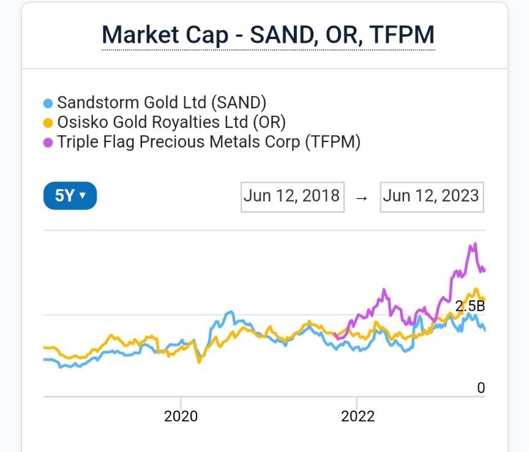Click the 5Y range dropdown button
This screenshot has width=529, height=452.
(x=70, y=196)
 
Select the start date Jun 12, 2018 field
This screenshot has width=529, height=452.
(x=292, y=196)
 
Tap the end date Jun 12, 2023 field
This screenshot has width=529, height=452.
(x=432, y=196)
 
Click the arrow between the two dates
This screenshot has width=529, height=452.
(x=362, y=198)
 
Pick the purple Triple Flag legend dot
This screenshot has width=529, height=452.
(x=48, y=143)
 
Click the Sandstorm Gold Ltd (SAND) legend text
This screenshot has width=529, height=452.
(x=162, y=103)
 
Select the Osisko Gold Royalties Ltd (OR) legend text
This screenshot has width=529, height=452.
(x=171, y=122)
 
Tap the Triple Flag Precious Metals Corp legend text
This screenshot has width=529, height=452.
(x=209, y=142)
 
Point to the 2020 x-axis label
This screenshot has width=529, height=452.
(x=181, y=416)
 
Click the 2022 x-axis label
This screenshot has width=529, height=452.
(x=358, y=416)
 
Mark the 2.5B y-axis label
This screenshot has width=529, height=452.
(x=470, y=306)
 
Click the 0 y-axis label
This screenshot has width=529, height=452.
(x=481, y=388)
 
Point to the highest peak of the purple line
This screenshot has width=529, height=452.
(x=474, y=244)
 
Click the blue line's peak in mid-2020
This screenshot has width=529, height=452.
(x=230, y=312)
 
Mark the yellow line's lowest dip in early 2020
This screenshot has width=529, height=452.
(x=198, y=363)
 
